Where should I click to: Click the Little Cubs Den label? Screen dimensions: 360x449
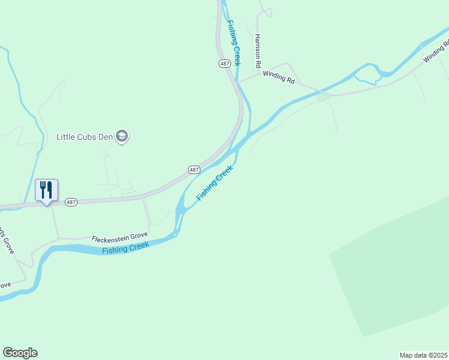tap(85, 137)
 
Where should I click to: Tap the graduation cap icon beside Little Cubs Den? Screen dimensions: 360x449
tap(123, 137)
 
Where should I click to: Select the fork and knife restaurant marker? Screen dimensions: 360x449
tap(46, 191)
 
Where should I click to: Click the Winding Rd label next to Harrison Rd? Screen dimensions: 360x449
tap(279, 78)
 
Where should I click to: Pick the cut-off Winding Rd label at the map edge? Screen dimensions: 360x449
tap(436, 52)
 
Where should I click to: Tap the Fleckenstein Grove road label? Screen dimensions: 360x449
tap(119, 238)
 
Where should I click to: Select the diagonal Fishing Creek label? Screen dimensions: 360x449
tap(214, 183)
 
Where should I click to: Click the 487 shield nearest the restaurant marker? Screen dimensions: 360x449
tap(71, 202)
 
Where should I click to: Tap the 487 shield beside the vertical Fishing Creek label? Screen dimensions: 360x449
tap(224, 63)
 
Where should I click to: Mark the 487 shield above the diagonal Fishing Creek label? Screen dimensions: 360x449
tap(194, 170)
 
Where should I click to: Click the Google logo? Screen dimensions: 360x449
tap(20, 353)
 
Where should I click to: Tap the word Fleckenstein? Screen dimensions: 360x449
tap(110, 239)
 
